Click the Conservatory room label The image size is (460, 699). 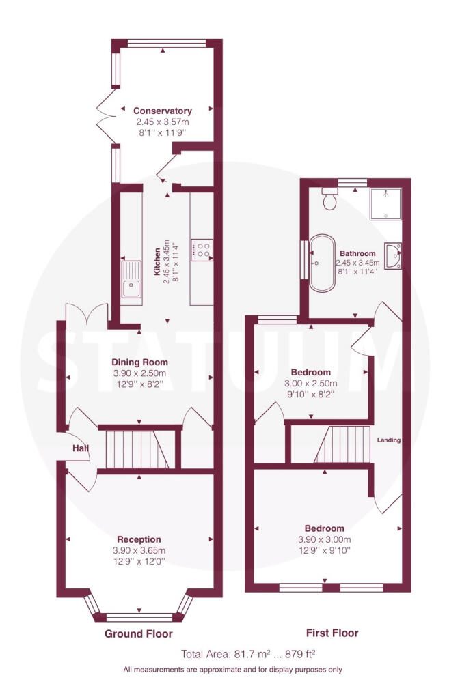click(x=162, y=111)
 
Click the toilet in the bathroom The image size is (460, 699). click(x=330, y=199)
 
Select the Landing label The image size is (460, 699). click(x=388, y=440)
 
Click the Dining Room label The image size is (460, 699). click(x=139, y=362)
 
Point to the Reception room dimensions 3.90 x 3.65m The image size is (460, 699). click(x=139, y=551)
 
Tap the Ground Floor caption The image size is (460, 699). click(x=138, y=633)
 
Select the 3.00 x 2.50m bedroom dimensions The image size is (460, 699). click(x=308, y=384)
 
